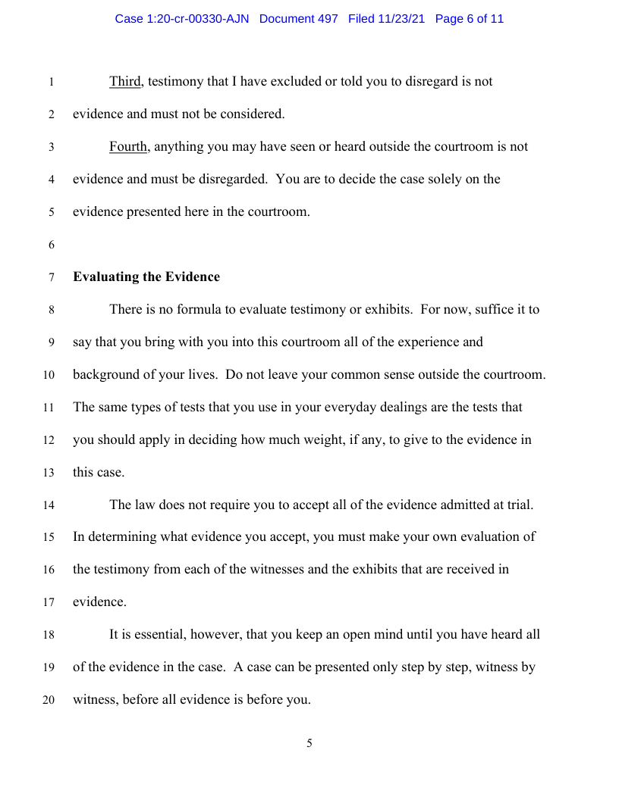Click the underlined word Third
125,82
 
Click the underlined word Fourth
128,147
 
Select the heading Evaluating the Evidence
146,277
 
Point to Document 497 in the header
298,19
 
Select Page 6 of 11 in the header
470,19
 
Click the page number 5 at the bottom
309,744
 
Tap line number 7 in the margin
51,278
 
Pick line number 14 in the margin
49,505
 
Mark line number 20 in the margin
49,701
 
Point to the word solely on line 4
447,180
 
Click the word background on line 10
108,375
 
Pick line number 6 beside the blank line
51,245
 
